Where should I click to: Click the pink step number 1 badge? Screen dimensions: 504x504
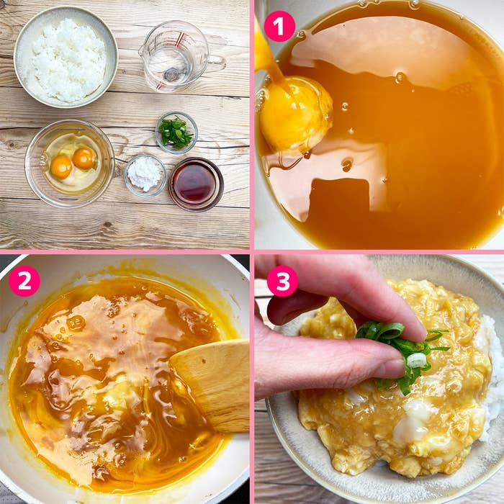(x=279, y=27)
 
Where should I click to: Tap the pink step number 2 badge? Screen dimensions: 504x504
(x=24, y=281)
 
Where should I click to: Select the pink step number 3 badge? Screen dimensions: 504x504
(x=282, y=281)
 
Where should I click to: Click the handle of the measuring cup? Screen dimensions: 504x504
(x=215, y=63)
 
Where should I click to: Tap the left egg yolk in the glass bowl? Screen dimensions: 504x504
(x=61, y=167)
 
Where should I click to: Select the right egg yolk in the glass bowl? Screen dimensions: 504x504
(x=84, y=158)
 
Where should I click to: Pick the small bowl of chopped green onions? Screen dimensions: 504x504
(x=176, y=132)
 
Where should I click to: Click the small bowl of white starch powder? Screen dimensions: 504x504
(x=145, y=174)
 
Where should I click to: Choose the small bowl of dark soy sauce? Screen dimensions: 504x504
(x=195, y=184)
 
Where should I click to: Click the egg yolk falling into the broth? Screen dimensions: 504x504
(x=295, y=114)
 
